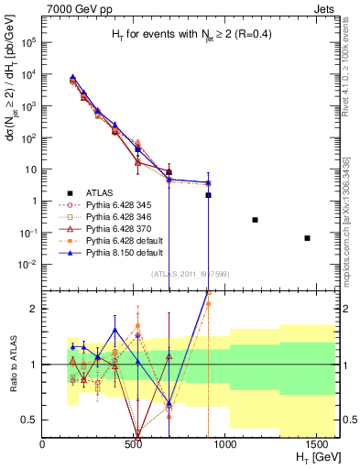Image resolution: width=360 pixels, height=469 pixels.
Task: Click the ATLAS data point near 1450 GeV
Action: coord(308,238)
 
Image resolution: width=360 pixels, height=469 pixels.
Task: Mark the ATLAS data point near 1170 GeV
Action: coord(255,220)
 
